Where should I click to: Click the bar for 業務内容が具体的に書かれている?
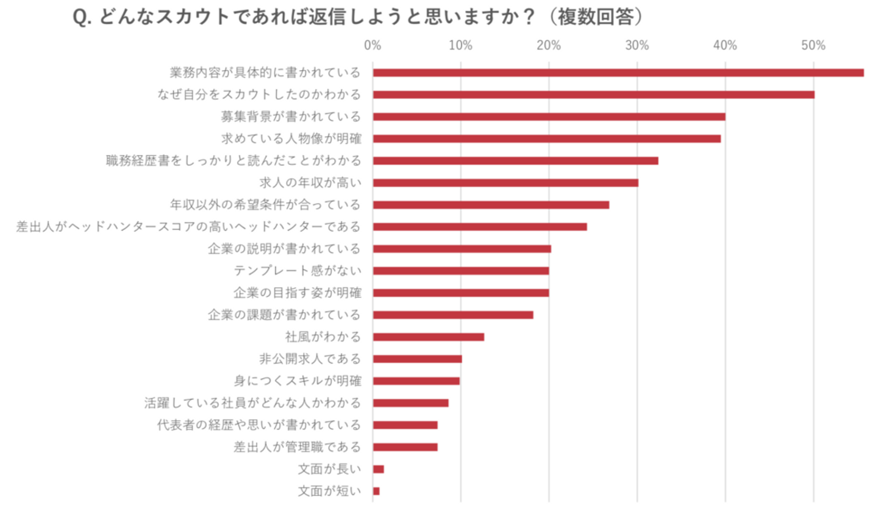point(618,73)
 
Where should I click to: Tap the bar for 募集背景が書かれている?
point(549,116)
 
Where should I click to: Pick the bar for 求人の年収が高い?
point(505,182)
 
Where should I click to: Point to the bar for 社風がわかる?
point(428,337)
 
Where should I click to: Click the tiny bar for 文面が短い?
point(376,491)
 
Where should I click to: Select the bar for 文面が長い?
point(378,469)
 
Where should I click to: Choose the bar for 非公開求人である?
point(417,359)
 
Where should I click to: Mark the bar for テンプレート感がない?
point(460,271)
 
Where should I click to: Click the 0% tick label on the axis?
point(373,46)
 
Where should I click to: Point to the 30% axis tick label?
point(637,46)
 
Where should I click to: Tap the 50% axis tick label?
point(813,46)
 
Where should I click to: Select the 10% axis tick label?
point(460,46)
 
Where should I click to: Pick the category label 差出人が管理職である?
point(297,447)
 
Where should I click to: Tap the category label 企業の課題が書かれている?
point(284,315)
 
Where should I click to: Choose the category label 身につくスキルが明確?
point(297,381)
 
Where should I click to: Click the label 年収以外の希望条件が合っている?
point(265,204)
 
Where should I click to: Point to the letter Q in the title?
point(79,18)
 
